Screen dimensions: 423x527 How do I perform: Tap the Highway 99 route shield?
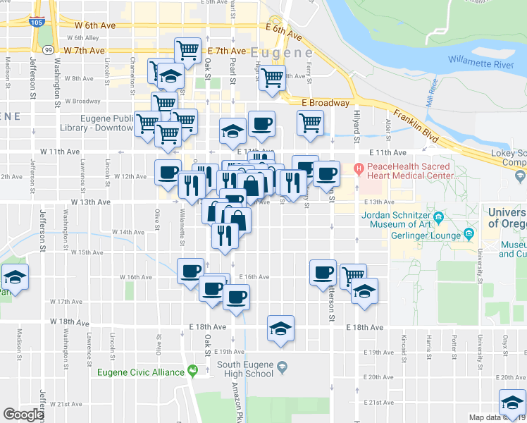point(47,50)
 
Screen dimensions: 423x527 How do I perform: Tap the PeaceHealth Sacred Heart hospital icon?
point(359,169)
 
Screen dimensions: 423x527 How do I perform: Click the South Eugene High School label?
point(244,369)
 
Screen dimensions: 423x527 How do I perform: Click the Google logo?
point(23,415)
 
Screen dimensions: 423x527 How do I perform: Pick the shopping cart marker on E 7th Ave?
point(187,50)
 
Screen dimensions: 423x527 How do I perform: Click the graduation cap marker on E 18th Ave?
point(280,328)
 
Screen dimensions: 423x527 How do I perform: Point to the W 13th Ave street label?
point(90,202)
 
